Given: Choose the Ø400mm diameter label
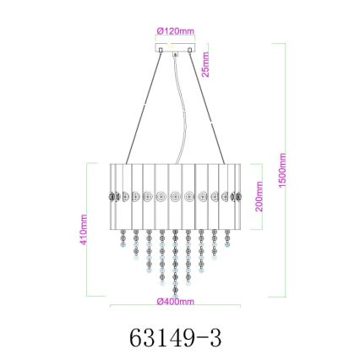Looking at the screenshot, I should (x=176, y=301).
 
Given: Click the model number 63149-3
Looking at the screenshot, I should (x=177, y=337).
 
